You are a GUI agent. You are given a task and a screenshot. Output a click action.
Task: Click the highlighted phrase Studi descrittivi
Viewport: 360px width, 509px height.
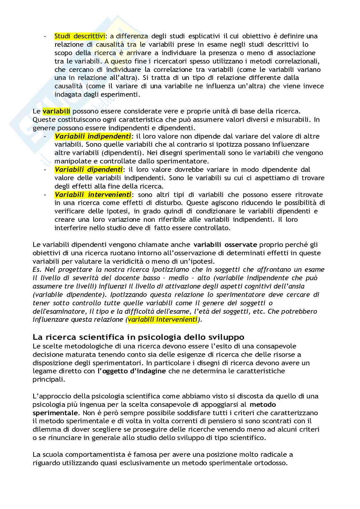coord(80,36)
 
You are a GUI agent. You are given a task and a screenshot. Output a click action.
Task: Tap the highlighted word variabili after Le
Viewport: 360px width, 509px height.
coord(56,111)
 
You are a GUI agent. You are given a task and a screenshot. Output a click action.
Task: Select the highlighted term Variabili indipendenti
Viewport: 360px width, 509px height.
coord(93,136)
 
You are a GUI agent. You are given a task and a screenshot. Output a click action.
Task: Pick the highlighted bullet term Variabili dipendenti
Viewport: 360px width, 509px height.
coord(89,170)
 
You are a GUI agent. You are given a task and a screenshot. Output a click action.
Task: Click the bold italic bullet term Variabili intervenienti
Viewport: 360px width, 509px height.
coord(93,195)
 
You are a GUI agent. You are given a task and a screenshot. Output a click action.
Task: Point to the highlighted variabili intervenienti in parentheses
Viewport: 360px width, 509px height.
coord(162,319)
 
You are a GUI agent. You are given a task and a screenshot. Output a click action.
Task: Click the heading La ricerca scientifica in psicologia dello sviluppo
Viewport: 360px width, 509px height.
coord(138,337)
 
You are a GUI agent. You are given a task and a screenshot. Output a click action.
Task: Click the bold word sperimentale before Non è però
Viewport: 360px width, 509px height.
coord(55,413)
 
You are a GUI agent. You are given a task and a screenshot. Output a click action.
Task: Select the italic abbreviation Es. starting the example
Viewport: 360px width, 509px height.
coord(37,269)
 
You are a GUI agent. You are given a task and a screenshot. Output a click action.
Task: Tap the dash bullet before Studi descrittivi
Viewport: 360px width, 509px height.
coord(45,36)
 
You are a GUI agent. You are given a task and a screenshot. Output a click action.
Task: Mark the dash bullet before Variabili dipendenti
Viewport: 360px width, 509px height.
coord(45,170)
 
